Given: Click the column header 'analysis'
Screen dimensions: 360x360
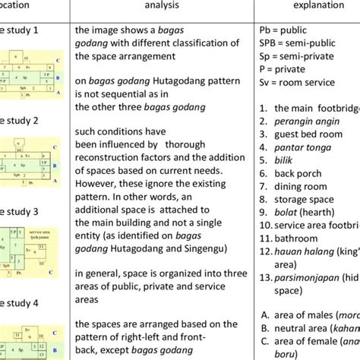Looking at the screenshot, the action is (157, 5).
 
